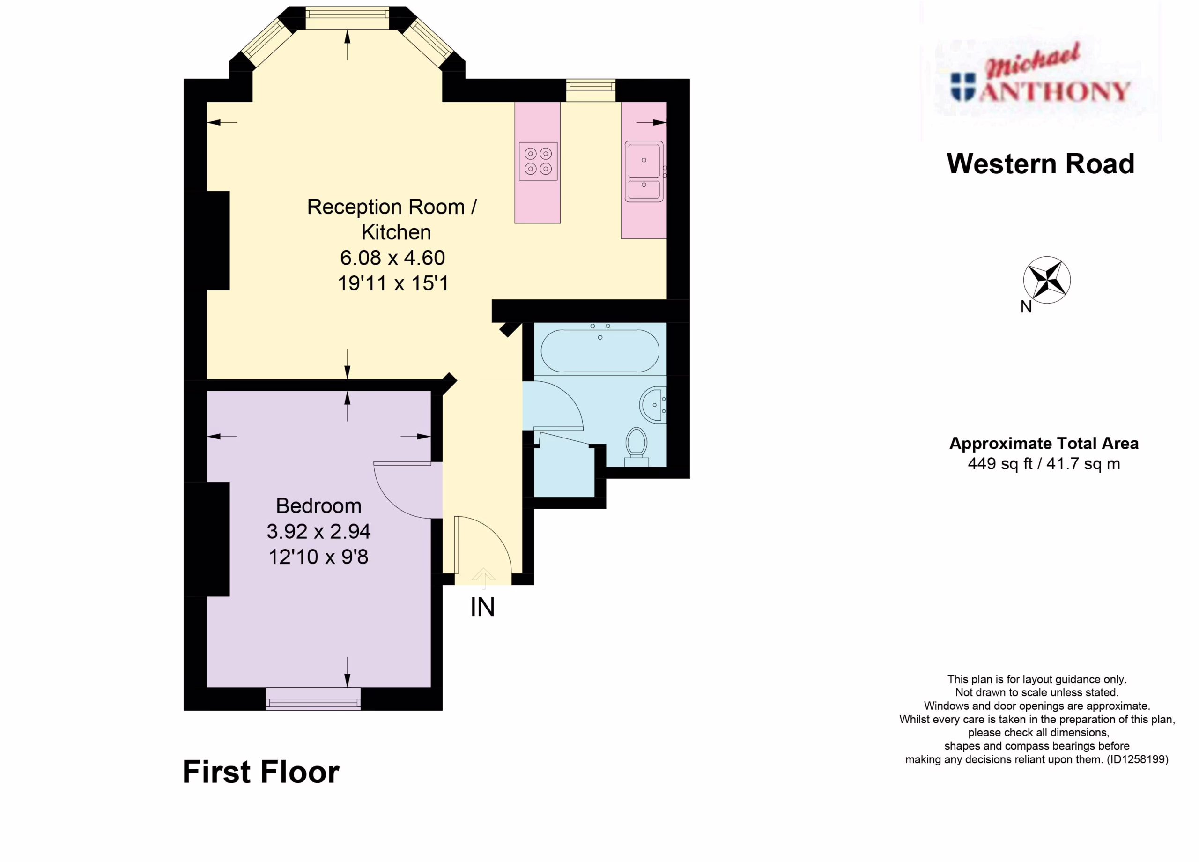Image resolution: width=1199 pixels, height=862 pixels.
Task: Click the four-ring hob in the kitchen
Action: pyautogui.click(x=538, y=161)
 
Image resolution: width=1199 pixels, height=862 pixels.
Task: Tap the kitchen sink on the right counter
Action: pyautogui.click(x=644, y=171)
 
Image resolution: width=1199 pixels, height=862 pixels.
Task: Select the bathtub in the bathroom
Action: pyautogui.click(x=600, y=350)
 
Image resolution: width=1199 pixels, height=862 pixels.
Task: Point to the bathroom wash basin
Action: pyautogui.click(x=653, y=405)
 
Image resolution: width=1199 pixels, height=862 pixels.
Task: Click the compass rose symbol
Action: pyautogui.click(x=1047, y=280)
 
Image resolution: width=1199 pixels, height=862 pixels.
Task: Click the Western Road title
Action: pyautogui.click(x=1040, y=164)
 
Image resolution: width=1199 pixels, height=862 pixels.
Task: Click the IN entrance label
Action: pyautogui.click(x=483, y=607)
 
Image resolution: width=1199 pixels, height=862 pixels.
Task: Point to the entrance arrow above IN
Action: pyautogui.click(x=483, y=578)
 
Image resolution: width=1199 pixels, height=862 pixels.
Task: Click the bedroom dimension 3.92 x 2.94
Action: pyautogui.click(x=318, y=531)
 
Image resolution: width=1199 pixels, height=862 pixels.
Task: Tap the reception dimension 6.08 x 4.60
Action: pyautogui.click(x=392, y=258)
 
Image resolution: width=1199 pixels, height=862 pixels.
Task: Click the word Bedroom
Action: pyautogui.click(x=319, y=506)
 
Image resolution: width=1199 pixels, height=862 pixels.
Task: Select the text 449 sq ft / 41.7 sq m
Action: pyautogui.click(x=1044, y=464)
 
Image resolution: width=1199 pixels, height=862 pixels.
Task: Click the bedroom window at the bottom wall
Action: pyautogui.click(x=313, y=699)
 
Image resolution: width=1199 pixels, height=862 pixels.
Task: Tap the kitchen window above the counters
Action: pyautogui.click(x=591, y=90)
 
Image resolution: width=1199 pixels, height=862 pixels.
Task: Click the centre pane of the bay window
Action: pyautogui.click(x=348, y=18)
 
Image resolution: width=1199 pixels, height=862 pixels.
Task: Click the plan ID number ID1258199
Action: pyautogui.click(x=1137, y=759)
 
